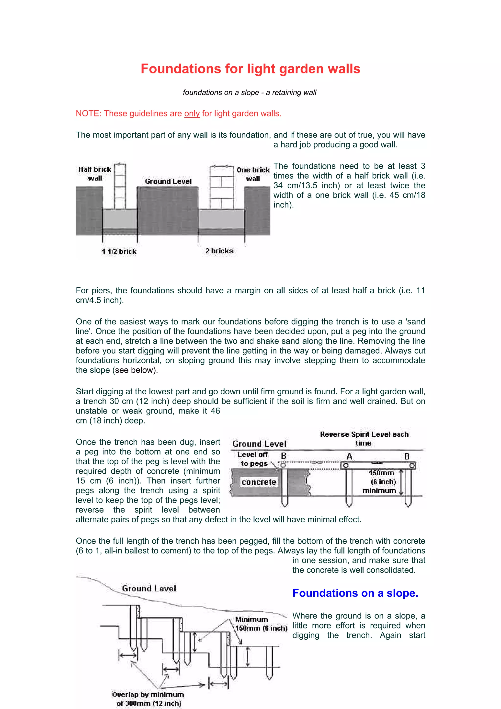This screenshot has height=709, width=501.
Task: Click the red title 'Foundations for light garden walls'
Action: pyautogui.click(x=250, y=69)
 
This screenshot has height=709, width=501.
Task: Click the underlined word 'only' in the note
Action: pyautogui.click(x=192, y=114)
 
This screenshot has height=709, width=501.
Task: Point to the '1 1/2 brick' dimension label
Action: pyautogui.click(x=119, y=251)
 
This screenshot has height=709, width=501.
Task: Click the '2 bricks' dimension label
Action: pyautogui.click(x=219, y=251)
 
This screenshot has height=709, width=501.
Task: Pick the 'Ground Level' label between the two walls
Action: pyautogui.click(x=168, y=181)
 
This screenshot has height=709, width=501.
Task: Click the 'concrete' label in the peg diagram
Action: pyautogui.click(x=259, y=482)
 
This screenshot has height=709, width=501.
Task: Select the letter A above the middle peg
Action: pyautogui.click(x=349, y=457)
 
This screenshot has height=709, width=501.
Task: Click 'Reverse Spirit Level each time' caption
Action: pyautogui.click(x=364, y=438)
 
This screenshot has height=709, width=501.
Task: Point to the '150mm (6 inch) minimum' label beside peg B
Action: pyautogui.click(x=382, y=482)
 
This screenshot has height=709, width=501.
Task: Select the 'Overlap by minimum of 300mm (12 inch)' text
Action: pyautogui.click(x=148, y=699)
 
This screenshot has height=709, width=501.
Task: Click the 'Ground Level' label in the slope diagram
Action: pyautogui.click(x=149, y=588)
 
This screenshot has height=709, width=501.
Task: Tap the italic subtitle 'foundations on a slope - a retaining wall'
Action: pyautogui.click(x=250, y=93)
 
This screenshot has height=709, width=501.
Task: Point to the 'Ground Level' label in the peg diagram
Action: pyautogui.click(x=259, y=444)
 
